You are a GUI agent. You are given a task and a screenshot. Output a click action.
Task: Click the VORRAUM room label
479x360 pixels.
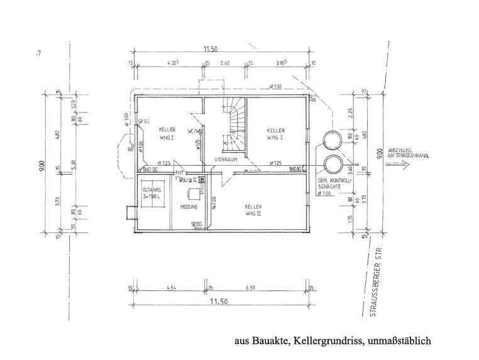coord(224,160)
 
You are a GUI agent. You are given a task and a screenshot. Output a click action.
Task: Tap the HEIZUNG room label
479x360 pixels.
coord(189,206)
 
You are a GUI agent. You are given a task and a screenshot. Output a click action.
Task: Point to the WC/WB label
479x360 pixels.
coord(194,131)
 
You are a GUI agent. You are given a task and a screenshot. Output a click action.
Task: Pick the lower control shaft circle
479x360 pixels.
coord(331,165)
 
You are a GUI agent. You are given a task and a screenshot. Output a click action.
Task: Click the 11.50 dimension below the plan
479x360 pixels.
coord(220,302)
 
